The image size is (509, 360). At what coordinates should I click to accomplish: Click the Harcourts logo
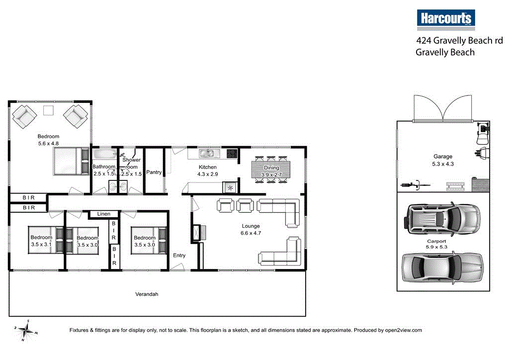click(x=446, y=19)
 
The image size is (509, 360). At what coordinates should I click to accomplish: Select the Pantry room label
click(x=154, y=172)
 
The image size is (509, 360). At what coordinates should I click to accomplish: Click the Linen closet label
click(x=103, y=214)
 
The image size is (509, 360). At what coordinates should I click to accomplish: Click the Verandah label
click(x=147, y=294)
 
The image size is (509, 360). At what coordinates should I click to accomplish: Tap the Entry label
click(x=179, y=256)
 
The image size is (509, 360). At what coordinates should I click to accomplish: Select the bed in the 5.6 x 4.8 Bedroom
click(x=70, y=161)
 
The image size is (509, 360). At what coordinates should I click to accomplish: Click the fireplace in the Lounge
click(x=196, y=233)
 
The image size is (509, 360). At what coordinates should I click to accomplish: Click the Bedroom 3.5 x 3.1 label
click(x=41, y=241)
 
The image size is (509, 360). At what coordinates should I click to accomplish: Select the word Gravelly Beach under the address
click(x=445, y=52)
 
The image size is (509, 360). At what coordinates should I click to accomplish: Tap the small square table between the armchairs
click(x=49, y=110)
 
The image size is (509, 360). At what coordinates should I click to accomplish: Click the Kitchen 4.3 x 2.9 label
click(x=207, y=171)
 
